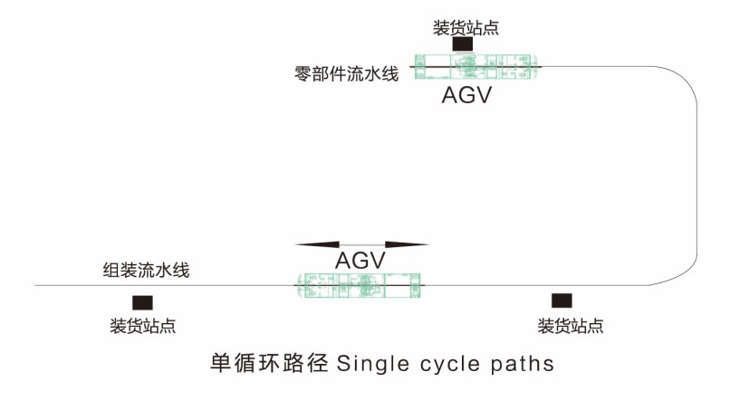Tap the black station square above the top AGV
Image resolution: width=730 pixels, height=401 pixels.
pos(463,44)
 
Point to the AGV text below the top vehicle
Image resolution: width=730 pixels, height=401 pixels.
pos(466,96)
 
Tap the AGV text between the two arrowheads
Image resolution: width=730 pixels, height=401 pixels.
pos(360,261)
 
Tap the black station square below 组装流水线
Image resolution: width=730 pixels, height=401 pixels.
pos(142,302)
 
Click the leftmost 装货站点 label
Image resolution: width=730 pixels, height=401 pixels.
pos(143,326)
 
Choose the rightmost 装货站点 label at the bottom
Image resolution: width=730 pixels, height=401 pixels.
pos(571,326)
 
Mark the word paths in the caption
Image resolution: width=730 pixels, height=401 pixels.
pos(523,365)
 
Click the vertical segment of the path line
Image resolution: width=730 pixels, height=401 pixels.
pos(697,181)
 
